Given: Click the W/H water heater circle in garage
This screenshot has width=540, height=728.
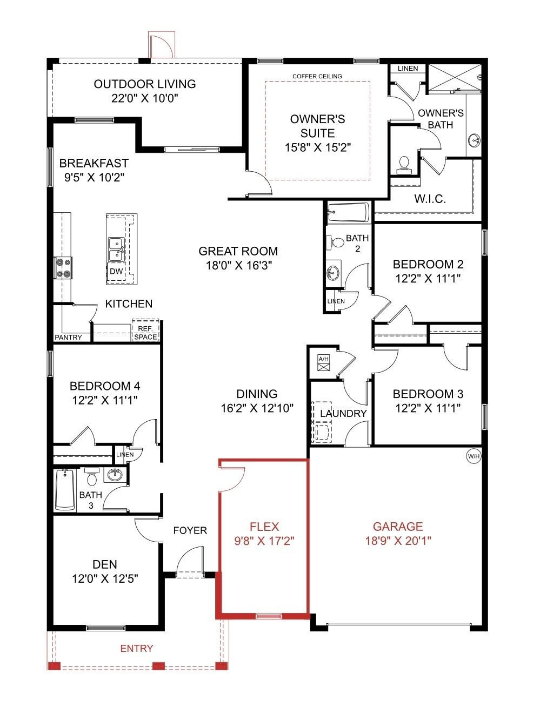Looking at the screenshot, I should tap(474, 456).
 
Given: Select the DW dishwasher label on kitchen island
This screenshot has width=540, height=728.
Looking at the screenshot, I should tap(116, 272).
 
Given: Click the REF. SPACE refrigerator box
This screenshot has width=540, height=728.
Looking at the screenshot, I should tap(145, 333).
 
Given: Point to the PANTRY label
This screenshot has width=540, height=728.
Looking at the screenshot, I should tap(69, 338).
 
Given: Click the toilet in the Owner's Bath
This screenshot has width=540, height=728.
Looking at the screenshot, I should tap(404, 164).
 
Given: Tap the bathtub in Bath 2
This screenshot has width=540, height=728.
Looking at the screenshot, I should tap(349, 212).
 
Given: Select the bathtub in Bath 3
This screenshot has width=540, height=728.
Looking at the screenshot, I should tap(65, 489).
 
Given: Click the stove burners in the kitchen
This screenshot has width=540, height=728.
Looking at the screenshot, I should tap(64, 268).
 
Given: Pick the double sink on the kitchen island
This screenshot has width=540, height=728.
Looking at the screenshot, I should tap(116, 249).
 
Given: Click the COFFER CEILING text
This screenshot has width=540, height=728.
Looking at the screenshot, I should tap(317, 76).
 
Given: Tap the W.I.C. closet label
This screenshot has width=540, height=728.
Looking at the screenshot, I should tap(430, 199).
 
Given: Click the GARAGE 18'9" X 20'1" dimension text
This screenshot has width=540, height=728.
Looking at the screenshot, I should tap(398, 540).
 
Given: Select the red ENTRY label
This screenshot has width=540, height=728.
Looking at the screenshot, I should tap(137, 649).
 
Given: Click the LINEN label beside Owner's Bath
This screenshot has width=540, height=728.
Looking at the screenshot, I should tap(408, 69).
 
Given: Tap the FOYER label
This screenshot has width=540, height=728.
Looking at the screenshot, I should tap(190, 530).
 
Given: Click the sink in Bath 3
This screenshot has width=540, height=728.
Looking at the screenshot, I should tap(115, 475).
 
